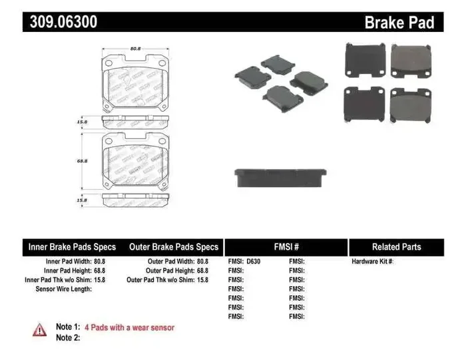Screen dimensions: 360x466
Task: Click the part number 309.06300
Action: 63,22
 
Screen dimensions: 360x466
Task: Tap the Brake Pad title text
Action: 399,23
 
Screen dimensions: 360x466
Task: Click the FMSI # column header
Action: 286,247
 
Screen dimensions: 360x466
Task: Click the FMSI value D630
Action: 254,262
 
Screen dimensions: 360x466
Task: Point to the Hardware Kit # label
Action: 373,262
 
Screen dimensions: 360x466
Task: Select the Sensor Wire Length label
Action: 64,289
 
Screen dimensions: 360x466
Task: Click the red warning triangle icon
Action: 40,329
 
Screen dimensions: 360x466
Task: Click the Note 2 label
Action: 68,338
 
